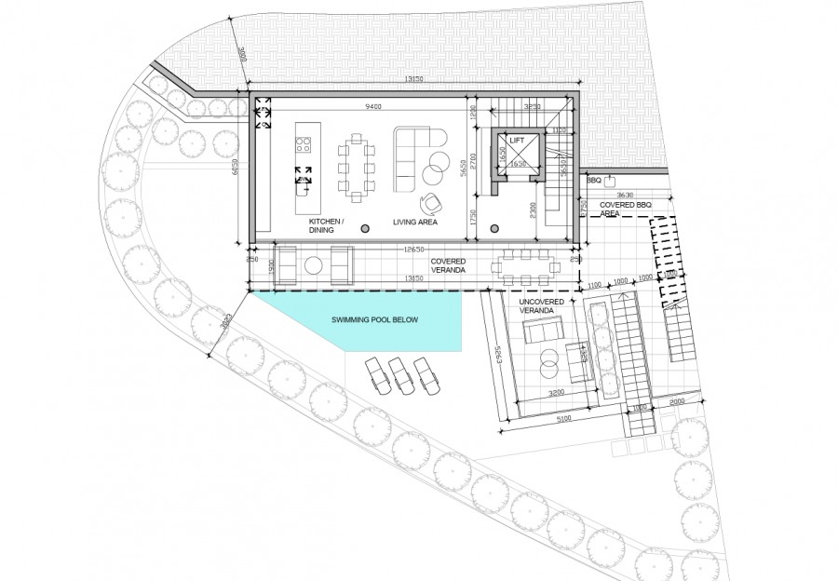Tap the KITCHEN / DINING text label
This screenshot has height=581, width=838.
pyautogui.click(x=327, y=224)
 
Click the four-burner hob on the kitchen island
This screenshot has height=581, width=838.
pyautogui.click(x=303, y=144)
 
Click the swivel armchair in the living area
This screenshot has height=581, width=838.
pyautogui.click(x=430, y=204)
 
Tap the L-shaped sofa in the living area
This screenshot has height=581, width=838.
pyautogui.click(x=414, y=154)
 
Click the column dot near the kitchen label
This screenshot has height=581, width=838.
pyautogui.click(x=365, y=227)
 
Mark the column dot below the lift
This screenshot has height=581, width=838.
pyautogui.click(x=494, y=227)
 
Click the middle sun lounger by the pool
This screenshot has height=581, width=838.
pyautogui.click(x=401, y=374)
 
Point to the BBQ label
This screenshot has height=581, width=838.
pyautogui.click(x=593, y=179)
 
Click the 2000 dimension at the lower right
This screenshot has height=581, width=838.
pyautogui.click(x=675, y=400)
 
